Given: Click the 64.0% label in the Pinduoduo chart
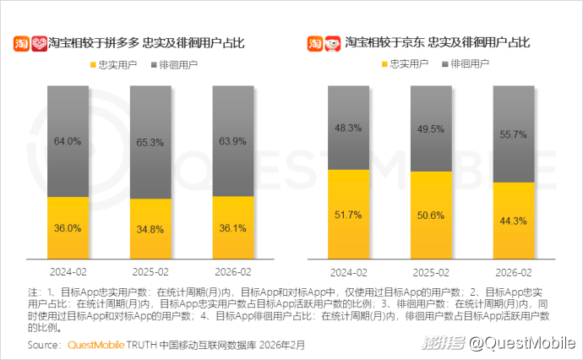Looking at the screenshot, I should click(x=68, y=141).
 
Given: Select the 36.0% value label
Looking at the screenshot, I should click(x=68, y=228).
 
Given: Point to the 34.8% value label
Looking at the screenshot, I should click(x=150, y=230).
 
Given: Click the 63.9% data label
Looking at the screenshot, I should click(x=232, y=141).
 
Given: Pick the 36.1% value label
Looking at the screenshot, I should click(x=232, y=228).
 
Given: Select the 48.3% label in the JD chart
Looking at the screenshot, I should click(x=348, y=128).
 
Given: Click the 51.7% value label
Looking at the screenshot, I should click(x=348, y=215).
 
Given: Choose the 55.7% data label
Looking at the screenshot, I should click(x=514, y=134).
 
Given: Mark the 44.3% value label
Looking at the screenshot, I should click(x=514, y=221).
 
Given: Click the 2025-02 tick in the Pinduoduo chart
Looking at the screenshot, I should click(x=150, y=272).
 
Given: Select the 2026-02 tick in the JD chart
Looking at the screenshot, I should click(x=514, y=272).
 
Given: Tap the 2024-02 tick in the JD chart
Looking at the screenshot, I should click(x=348, y=272).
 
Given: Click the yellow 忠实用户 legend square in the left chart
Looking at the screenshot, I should click(x=92, y=64).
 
